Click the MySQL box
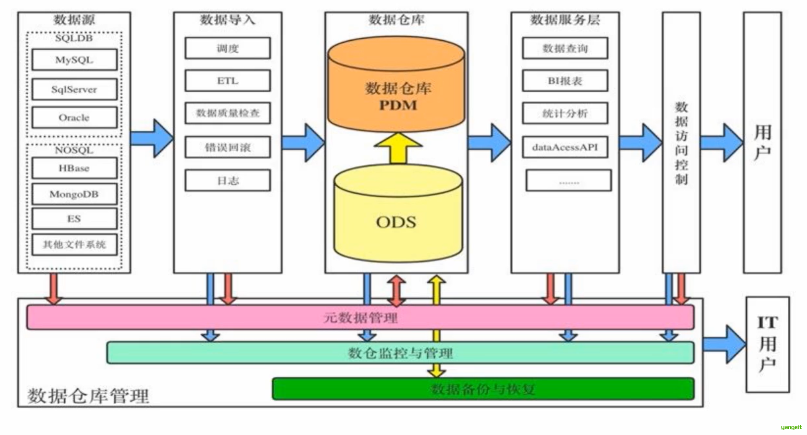click(74, 60)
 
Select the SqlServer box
click(74, 89)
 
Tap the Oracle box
click(74, 117)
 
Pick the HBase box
click(74, 168)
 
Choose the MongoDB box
click(74, 194)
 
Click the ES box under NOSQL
click(74, 219)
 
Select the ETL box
click(228, 81)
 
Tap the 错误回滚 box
click(228, 147)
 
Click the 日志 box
click(228, 181)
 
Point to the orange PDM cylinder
click(396, 95)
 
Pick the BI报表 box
click(565, 81)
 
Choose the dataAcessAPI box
click(565, 147)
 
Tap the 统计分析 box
click(565, 113)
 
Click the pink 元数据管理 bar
click(360, 318)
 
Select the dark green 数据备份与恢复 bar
click(483, 389)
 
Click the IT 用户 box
click(767, 344)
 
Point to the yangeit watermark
click(791, 427)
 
